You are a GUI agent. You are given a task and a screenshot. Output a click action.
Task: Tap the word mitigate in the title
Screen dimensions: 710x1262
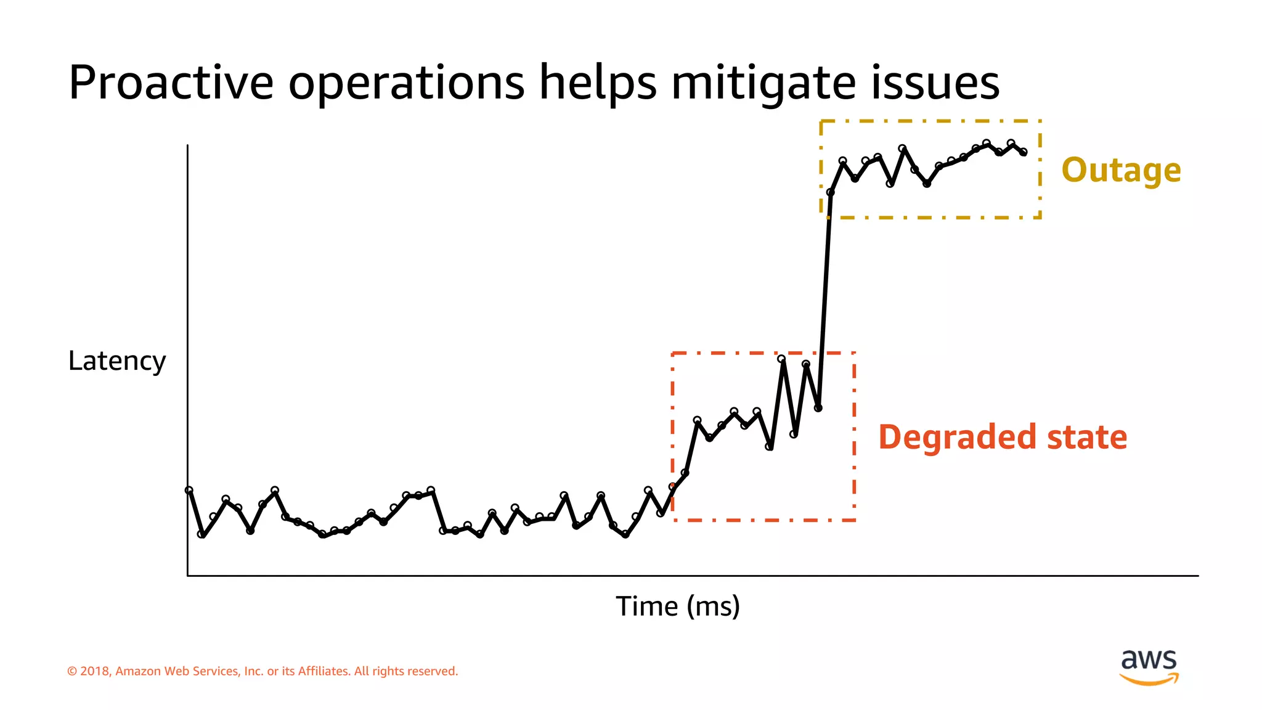[x=763, y=83]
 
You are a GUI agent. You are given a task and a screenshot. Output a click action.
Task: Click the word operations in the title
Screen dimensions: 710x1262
[x=406, y=83]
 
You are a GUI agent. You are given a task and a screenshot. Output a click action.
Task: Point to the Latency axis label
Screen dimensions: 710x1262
[x=116, y=361]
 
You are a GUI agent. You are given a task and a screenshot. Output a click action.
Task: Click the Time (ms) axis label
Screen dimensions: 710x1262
[x=677, y=606]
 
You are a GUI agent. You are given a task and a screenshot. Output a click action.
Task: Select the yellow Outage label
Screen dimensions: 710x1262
[x=1121, y=170]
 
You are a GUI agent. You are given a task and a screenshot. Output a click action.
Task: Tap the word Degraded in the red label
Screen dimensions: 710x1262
[x=957, y=438]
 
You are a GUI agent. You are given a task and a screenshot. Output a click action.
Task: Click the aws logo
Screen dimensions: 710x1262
[x=1149, y=666]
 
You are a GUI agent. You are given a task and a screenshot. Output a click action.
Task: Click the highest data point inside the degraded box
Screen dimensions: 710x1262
[x=781, y=359]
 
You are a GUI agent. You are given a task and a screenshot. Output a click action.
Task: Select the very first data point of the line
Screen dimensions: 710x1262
[x=189, y=491]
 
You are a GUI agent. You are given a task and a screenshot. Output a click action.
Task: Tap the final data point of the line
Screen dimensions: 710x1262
[x=1024, y=152]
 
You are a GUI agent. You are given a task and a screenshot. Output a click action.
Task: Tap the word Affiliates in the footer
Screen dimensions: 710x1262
[x=323, y=671]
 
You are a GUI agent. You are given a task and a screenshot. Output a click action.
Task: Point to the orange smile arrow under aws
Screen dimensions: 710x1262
[x=1149, y=679]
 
